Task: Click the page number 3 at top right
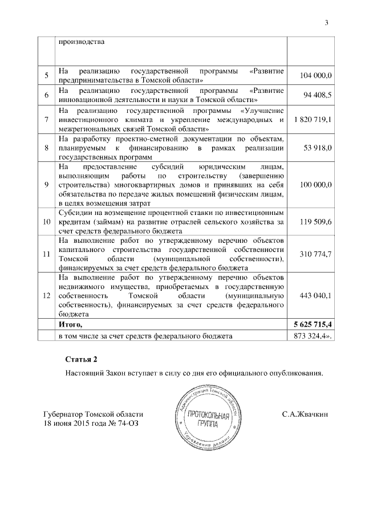327,23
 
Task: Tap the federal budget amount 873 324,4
312,336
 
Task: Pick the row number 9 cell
46,185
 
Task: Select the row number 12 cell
46,295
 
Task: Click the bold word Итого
71,324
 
